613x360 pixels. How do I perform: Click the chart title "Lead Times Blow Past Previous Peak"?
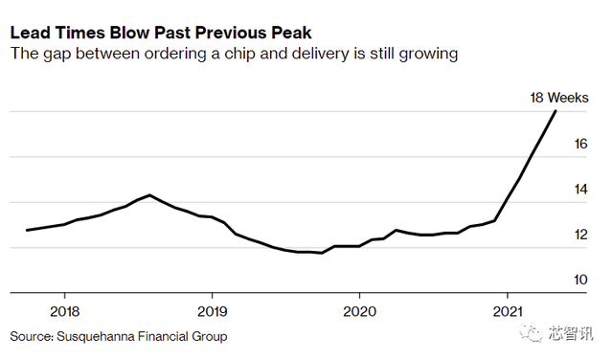pyautogui.click(x=161, y=33)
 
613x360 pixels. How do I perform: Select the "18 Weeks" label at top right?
pyautogui.click(x=559, y=98)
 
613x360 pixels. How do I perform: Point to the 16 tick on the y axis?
pyautogui.click(x=580, y=144)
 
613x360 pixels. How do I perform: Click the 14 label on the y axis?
pyautogui.click(x=580, y=190)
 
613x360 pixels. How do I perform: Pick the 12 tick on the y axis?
pyautogui.click(x=580, y=235)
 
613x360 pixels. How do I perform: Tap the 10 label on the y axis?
pyautogui.click(x=580, y=280)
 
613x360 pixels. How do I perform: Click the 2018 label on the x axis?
pyautogui.click(x=64, y=311)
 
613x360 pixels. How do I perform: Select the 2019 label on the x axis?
pyautogui.click(x=212, y=311)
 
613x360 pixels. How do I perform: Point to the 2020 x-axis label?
pyautogui.click(x=360, y=311)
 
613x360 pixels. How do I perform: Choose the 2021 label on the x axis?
pyautogui.click(x=508, y=311)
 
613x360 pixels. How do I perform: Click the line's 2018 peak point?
pyautogui.click(x=149, y=194)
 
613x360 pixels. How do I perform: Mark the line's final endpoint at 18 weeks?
pyautogui.click(x=556, y=111)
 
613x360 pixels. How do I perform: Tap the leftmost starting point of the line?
pyautogui.click(x=27, y=230)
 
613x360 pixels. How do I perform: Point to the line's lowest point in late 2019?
pyautogui.click(x=322, y=253)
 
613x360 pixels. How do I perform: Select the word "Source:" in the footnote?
pyautogui.click(x=32, y=337)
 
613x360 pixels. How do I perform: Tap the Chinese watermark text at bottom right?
pyautogui.click(x=571, y=333)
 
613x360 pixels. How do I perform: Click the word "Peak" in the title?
pyautogui.click(x=292, y=33)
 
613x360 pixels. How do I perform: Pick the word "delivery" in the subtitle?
pyautogui.click(x=320, y=54)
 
